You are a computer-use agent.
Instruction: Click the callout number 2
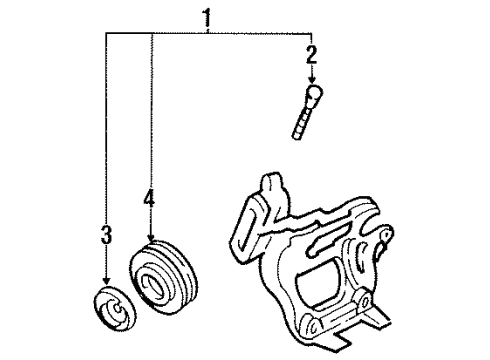(311, 54)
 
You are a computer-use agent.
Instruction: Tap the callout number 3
(104, 237)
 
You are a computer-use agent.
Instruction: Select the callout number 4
(149, 200)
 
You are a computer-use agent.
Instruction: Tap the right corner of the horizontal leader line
(311, 34)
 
